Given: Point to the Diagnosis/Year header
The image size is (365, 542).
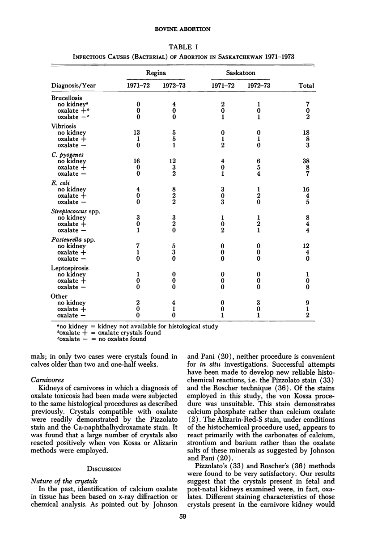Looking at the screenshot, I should coord(73,85).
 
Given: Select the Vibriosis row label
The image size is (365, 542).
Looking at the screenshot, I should coord(64,127).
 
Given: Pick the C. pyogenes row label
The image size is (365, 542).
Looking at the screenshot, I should coord(66,154).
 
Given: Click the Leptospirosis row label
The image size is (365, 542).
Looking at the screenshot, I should coord(68,268).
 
